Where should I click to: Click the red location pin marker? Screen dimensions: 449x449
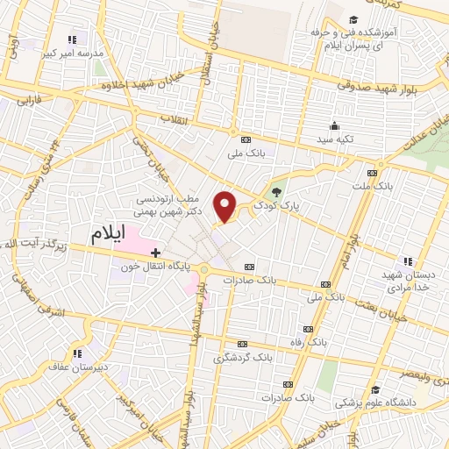pos(225,205)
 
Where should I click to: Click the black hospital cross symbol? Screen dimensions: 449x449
pos(155,253)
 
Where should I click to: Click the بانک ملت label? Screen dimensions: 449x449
pos(383,186)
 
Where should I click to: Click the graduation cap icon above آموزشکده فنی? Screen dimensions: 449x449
pos(352,20)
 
